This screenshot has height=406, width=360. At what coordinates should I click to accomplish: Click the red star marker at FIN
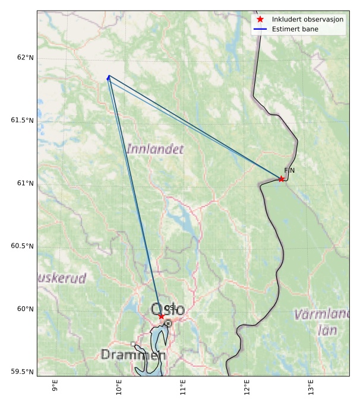281,179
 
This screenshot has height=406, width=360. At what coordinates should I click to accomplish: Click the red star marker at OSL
161,316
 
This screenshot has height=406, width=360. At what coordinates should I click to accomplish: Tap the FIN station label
289,171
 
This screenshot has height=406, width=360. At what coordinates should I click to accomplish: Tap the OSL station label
169,307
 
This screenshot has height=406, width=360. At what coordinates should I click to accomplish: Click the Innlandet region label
154,149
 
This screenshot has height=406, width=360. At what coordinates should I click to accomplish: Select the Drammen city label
132,355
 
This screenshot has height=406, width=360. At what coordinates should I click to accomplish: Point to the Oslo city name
168,310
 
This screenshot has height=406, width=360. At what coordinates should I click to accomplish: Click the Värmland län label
324,321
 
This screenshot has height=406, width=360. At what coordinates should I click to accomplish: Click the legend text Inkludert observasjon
308,20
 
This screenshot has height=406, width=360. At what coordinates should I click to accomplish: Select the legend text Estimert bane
295,29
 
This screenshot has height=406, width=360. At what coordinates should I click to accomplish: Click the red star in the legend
260,20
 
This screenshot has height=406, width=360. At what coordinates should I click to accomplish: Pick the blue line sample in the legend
260,29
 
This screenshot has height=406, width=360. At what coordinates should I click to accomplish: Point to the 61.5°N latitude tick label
23,120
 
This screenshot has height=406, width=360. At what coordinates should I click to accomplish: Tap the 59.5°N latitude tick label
23,372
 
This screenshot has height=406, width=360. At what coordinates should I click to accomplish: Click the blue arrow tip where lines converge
109,77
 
